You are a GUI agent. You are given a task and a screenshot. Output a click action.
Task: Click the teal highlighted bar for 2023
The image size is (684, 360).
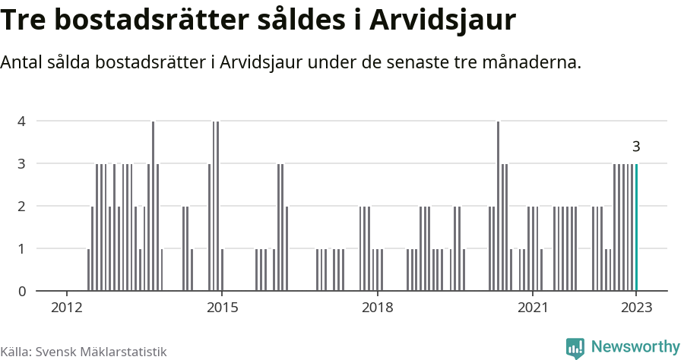click(x=636, y=227)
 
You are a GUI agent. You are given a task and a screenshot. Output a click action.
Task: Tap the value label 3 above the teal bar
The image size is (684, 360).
click(x=636, y=147)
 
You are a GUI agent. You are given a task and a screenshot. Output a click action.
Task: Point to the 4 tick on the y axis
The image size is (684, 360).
click(x=22, y=121)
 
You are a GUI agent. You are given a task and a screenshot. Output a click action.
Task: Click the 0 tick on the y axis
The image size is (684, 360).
click(x=22, y=291)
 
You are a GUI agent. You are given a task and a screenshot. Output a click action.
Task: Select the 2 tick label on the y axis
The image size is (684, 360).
click(x=22, y=206)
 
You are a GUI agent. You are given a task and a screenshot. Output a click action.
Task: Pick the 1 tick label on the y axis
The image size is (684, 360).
click(x=22, y=248)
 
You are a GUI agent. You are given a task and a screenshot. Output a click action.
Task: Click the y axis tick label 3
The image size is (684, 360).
click(x=22, y=163)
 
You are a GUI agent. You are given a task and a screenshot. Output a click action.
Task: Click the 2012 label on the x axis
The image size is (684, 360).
click(x=67, y=308)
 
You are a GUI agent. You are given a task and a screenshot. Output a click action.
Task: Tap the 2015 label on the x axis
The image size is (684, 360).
click(x=222, y=308)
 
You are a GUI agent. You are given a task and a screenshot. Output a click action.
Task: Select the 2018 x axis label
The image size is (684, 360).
click(x=377, y=308)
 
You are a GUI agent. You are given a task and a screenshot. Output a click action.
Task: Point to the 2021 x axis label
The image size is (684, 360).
click(x=532, y=308)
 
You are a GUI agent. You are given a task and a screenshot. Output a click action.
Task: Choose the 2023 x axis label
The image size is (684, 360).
click(x=636, y=308)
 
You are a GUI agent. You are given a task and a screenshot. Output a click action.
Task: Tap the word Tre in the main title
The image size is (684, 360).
click(x=26, y=21)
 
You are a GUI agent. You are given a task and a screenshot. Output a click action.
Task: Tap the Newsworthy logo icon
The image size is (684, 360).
click(x=575, y=348)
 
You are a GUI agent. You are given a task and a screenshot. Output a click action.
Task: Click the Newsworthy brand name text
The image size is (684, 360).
click(x=635, y=347)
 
